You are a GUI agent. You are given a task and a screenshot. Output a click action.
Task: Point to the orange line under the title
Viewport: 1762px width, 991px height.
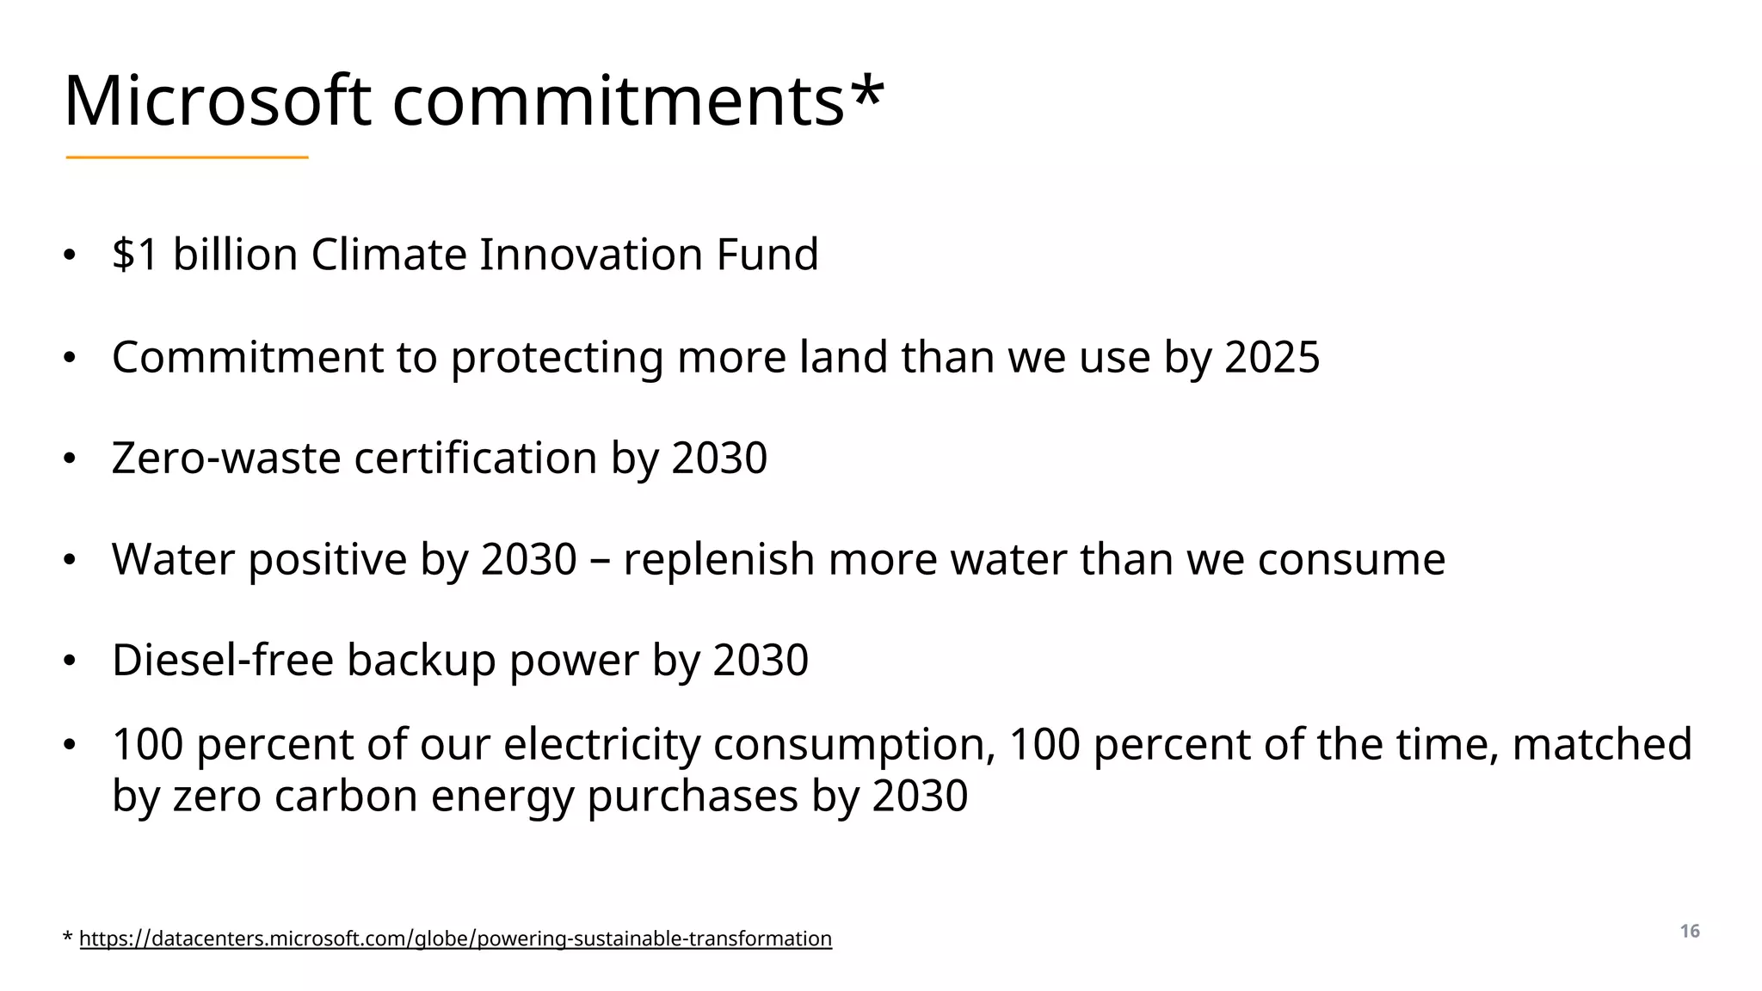tap(187, 157)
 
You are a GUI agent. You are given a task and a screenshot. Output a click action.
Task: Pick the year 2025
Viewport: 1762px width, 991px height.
tap(1272, 357)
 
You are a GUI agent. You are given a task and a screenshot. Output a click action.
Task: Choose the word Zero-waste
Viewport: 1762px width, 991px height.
tap(226, 458)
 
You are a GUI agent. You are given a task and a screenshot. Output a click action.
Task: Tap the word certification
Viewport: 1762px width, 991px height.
tap(476, 458)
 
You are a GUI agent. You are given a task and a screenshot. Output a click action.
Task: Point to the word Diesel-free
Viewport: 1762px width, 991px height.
tap(223, 661)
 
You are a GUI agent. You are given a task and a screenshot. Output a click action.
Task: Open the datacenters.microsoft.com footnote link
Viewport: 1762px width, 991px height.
tap(455, 939)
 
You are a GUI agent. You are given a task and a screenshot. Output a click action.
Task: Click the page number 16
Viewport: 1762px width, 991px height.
tap(1690, 932)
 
